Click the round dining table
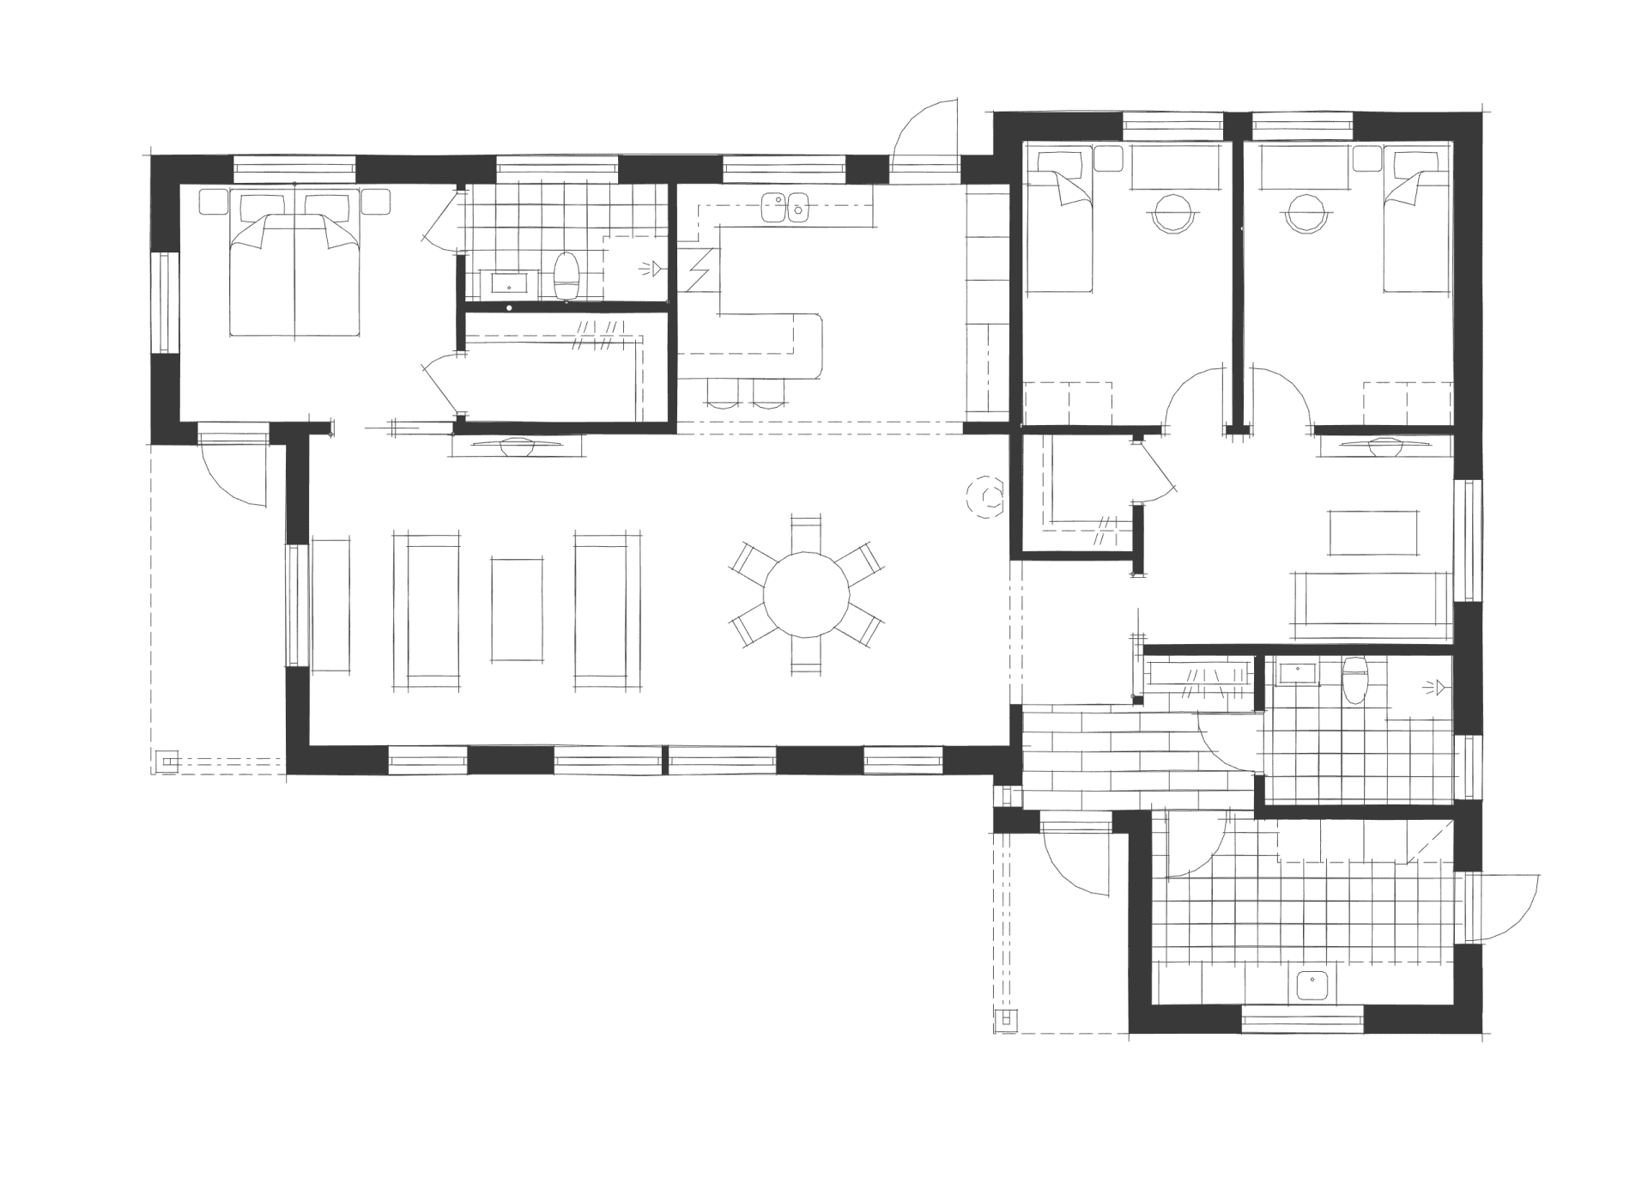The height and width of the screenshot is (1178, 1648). point(806,594)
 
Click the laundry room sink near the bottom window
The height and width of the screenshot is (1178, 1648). point(1313,985)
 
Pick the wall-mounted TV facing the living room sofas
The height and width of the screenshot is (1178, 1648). point(516,446)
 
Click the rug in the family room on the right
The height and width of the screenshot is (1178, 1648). point(1373,532)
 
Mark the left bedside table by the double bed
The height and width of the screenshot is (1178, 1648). point(211,202)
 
